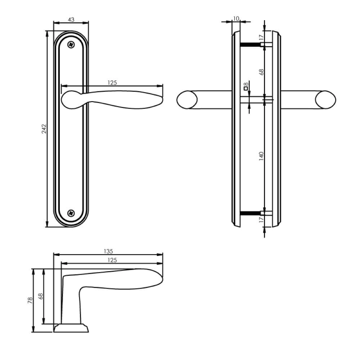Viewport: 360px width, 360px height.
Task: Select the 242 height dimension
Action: (44, 129)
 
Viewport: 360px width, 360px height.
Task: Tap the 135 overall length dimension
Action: (108, 251)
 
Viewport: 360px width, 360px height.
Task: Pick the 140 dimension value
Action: (262, 156)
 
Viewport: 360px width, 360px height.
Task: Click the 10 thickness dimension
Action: (236, 18)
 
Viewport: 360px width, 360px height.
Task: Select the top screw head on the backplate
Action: (72, 45)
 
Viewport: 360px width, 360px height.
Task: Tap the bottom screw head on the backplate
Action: (71, 213)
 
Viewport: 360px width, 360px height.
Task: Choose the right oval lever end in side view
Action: (325, 100)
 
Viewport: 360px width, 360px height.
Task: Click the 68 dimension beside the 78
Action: (41, 296)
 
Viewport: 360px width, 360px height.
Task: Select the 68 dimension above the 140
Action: (262, 72)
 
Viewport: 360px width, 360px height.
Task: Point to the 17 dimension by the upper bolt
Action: (262, 37)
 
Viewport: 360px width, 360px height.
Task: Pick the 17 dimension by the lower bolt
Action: (262, 219)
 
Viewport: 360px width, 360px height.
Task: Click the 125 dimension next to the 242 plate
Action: (112, 83)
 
